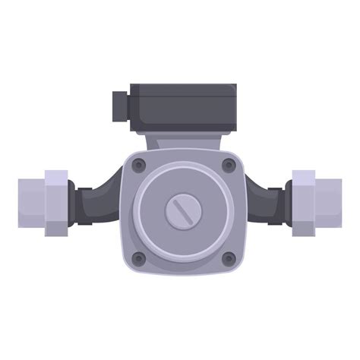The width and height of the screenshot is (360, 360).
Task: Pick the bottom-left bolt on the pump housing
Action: (x=137, y=258)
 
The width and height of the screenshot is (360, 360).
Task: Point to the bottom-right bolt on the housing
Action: (x=226, y=258)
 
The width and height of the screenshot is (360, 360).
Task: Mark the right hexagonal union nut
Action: (x=303, y=202)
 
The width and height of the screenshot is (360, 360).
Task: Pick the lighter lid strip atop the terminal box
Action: (x=182, y=89)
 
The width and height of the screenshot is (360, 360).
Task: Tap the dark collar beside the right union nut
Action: (x=286, y=201)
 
